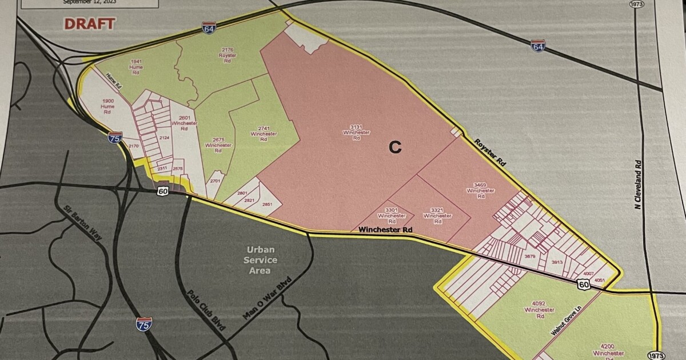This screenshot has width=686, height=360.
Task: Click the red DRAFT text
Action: click(89, 24)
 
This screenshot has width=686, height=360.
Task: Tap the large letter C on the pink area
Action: click(395, 147)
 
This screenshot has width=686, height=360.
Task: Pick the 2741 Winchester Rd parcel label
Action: click(264, 134)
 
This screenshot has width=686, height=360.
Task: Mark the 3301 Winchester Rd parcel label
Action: click(392, 215)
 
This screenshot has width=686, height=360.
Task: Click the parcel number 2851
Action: click(267, 204)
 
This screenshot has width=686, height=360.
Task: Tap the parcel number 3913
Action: click(557, 262)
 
